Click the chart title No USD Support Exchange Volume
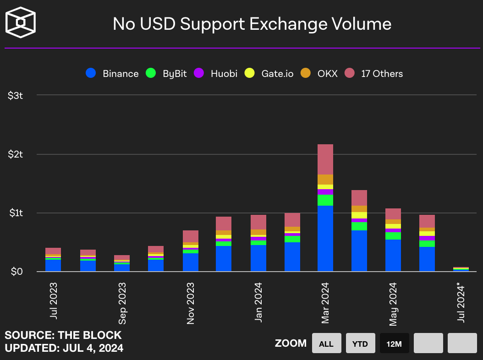[x=252, y=24]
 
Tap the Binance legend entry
[x=112, y=73]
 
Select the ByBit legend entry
[x=166, y=73]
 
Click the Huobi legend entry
[x=215, y=73]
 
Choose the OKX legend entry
[x=319, y=73]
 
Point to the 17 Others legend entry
[x=374, y=73]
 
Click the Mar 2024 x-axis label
[x=325, y=303]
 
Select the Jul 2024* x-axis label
[x=461, y=303]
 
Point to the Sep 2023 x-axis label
[x=122, y=303]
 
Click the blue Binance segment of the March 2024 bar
[x=325, y=238]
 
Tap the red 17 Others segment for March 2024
[x=325, y=159]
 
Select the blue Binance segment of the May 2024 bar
[x=393, y=255]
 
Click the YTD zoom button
[x=360, y=344]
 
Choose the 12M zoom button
[x=394, y=344]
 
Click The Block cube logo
[x=20, y=22]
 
